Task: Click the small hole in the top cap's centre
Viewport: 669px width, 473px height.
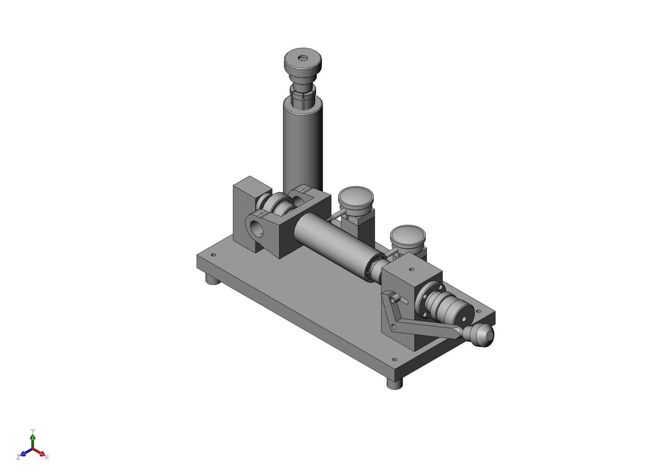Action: point(301,58)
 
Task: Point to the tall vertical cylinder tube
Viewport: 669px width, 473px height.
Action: point(302,146)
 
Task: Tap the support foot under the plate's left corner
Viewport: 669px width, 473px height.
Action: point(212,279)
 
